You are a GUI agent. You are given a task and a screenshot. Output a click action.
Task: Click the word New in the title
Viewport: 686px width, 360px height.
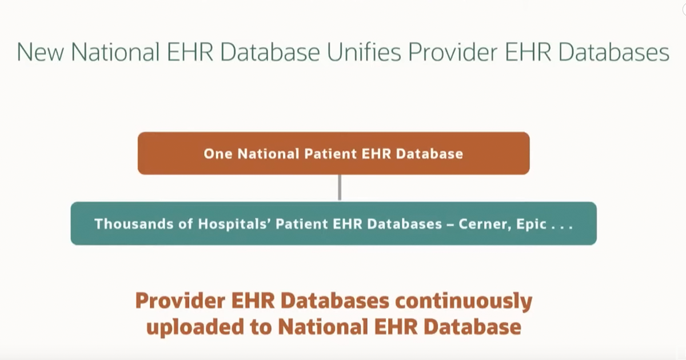[41, 52]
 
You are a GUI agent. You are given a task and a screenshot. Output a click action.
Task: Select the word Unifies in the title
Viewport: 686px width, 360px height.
[364, 52]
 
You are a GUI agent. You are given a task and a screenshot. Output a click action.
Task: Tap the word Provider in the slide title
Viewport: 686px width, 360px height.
[453, 52]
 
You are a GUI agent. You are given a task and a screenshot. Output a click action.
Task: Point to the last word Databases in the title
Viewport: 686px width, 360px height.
[614, 52]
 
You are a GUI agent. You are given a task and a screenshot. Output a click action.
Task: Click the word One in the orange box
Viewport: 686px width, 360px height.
[218, 154]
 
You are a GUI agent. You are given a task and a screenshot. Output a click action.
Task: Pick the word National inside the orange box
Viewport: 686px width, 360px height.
[268, 154]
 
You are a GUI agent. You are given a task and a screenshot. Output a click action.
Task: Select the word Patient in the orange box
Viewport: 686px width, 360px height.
[330, 154]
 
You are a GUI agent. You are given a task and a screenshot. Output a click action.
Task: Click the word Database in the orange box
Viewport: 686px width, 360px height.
[429, 154]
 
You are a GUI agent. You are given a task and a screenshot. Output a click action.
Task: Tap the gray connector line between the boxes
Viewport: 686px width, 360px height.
[340, 187]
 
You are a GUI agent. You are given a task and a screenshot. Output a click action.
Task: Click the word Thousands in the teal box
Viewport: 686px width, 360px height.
[134, 224]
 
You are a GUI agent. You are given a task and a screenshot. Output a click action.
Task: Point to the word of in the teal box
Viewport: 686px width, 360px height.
[185, 224]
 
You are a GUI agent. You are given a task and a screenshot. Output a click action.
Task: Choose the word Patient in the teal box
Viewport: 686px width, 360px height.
[302, 224]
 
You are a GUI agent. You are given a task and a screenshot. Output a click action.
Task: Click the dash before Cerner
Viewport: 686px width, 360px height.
[450, 225]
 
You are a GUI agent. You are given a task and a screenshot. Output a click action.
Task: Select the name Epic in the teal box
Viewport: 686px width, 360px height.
[531, 225]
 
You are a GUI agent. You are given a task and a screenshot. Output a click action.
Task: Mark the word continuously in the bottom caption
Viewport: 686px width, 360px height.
[464, 301]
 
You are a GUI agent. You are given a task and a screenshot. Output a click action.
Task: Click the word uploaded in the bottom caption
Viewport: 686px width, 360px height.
[196, 327]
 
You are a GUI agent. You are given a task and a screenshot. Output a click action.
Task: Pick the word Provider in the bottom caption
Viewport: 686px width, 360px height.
[181, 301]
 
